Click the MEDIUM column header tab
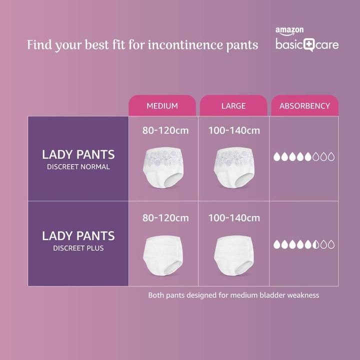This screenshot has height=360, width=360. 162,106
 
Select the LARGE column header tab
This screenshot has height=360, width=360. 233,106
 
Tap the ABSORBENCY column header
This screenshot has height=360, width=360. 304,106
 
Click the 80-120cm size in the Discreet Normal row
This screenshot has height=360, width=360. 165,131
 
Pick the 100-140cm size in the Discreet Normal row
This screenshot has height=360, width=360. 234,131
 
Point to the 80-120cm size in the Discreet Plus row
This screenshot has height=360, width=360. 165,218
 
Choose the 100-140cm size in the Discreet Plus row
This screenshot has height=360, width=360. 234,218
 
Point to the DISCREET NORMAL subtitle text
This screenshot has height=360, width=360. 78,167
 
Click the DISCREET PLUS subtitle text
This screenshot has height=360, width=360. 78,248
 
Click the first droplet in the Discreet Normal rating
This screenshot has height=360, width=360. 276,157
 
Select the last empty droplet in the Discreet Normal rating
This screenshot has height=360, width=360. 331,157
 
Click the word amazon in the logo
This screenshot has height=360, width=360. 289,31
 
